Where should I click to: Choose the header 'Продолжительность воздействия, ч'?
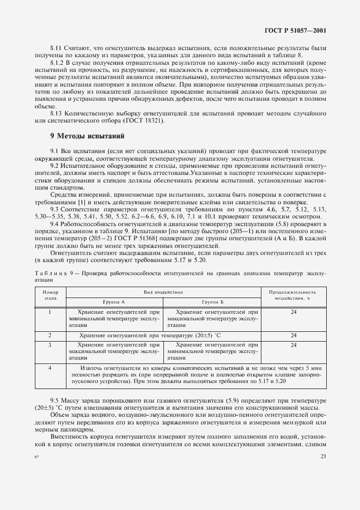coord(293,296)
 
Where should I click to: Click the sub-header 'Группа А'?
coord(114,301)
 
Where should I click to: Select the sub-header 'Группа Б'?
coord(212,301)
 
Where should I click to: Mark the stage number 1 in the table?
coord(50,312)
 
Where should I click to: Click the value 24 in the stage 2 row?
coord(293,336)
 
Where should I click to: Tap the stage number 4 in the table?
coord(50,369)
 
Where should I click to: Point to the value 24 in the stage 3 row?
coord(293,345)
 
